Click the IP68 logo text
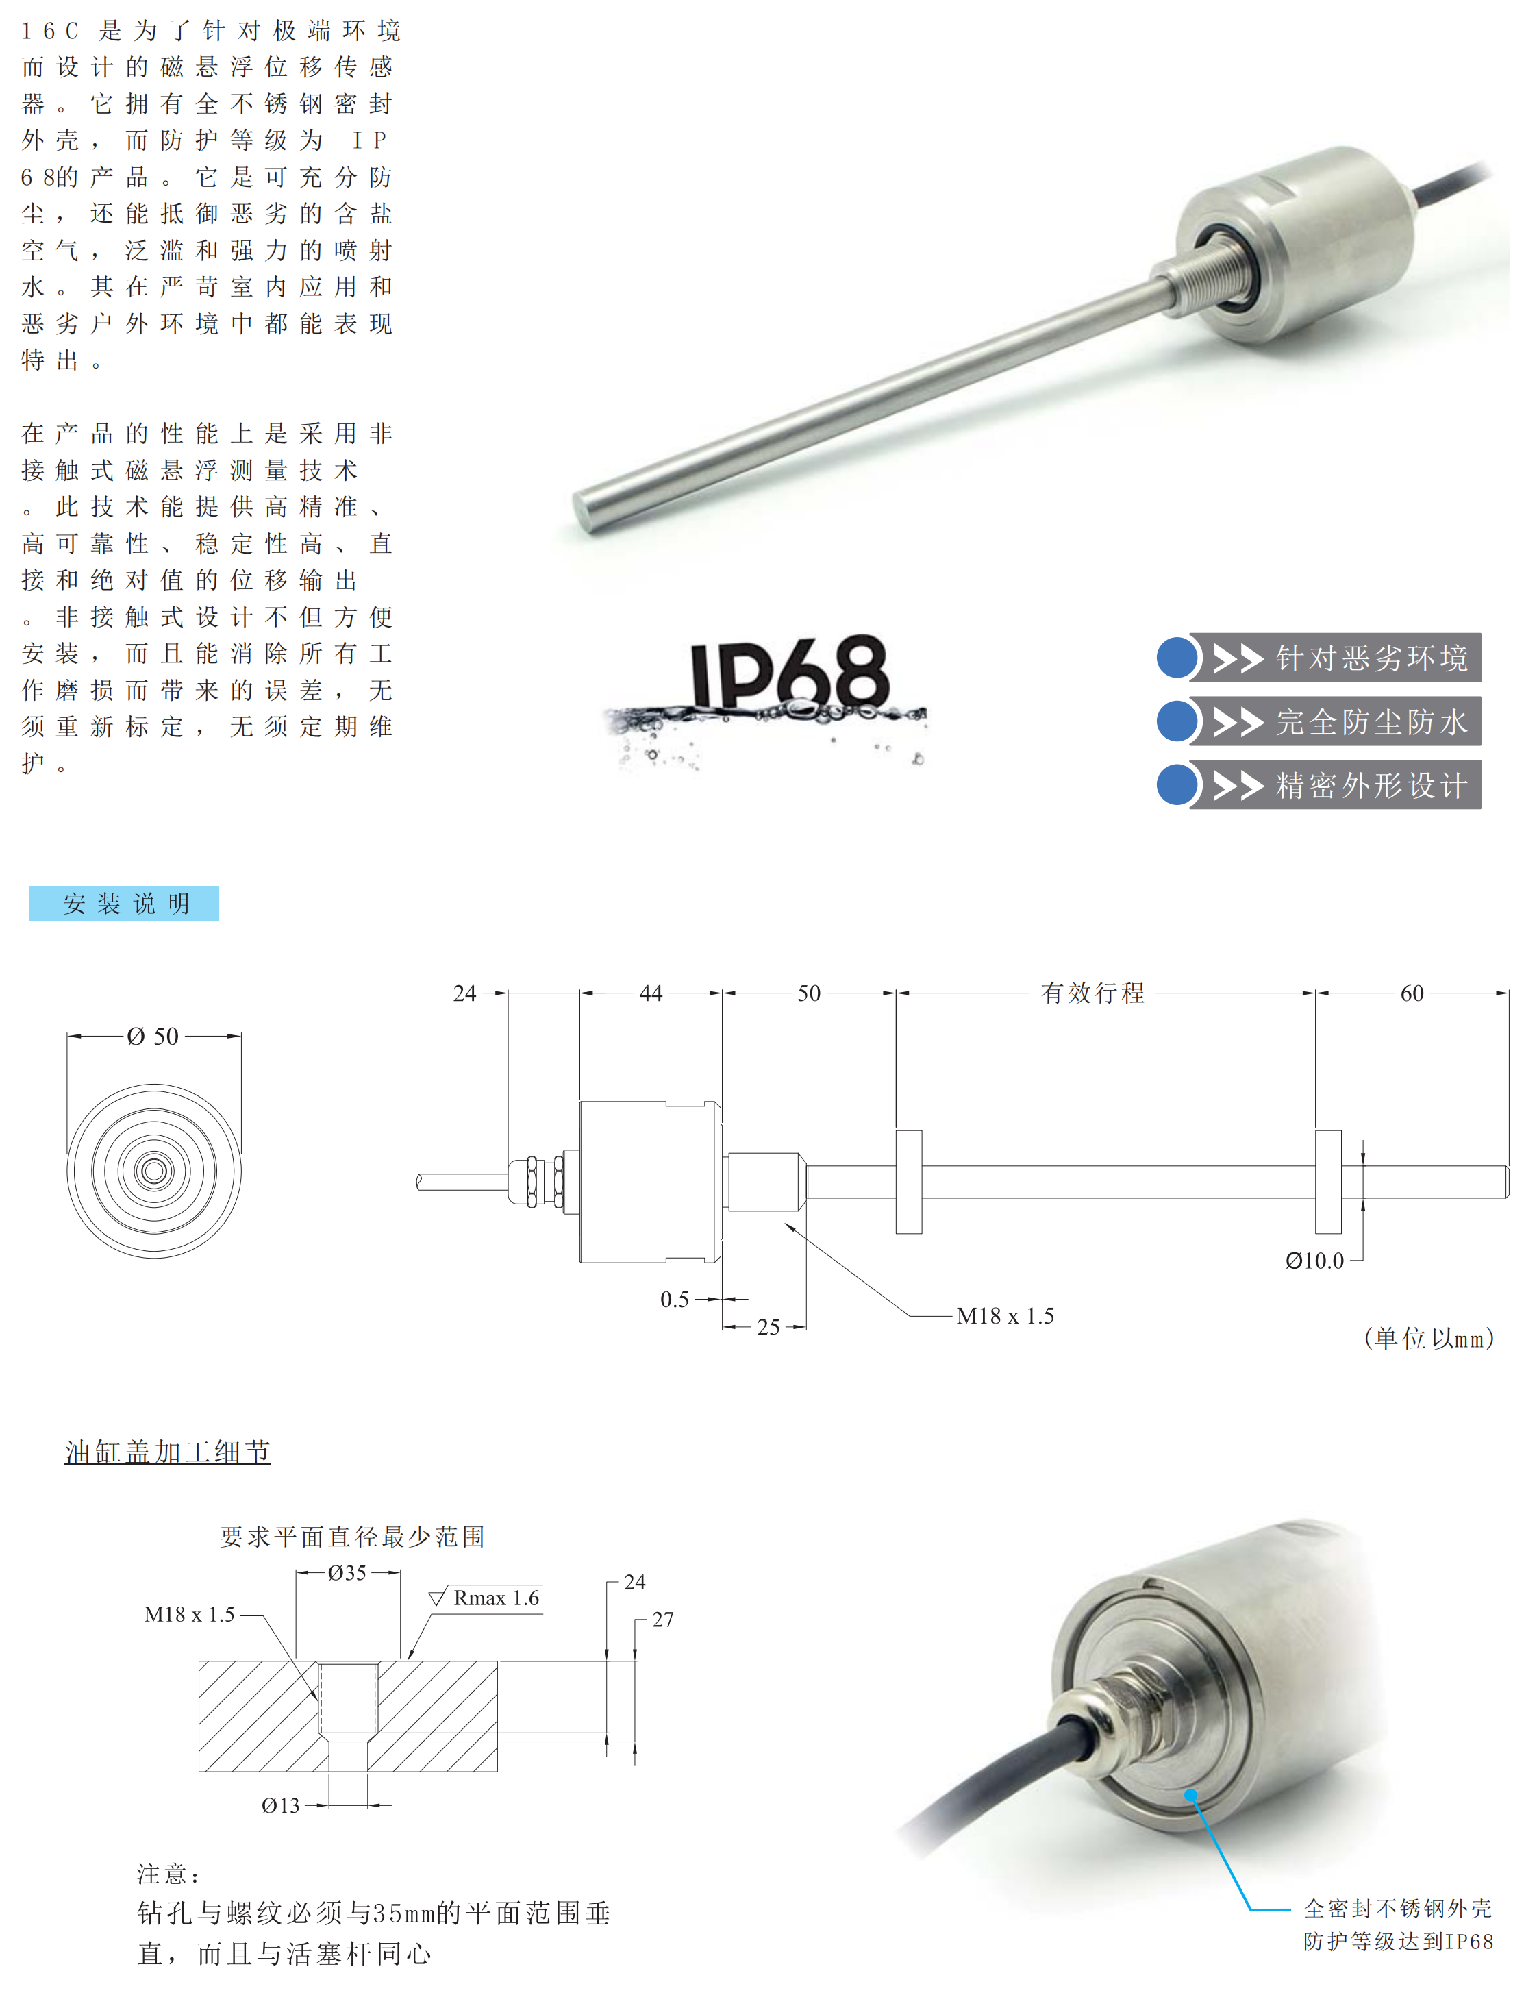787,674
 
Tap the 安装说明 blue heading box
124,904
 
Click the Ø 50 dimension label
153,1037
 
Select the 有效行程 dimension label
1092,993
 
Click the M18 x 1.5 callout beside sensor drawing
1005,1316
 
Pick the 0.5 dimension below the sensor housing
674,1300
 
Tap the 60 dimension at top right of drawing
1411,993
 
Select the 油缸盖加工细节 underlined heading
167,1452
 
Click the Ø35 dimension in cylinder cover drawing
347,1573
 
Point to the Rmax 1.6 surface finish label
496,1598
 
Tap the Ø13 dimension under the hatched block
280,1806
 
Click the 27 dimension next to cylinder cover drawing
662,1620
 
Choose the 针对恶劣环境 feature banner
1334,658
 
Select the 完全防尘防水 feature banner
1334,721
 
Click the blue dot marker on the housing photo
1191,1796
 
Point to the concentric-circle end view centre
153,1171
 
